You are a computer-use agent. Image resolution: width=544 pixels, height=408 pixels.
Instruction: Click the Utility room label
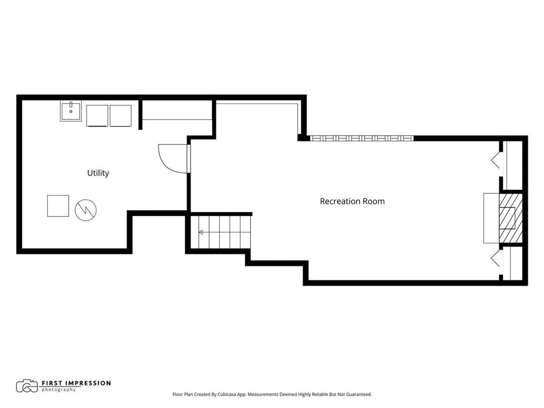tap(98, 173)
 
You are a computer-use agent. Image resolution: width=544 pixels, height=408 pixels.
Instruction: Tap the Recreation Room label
tap(352, 201)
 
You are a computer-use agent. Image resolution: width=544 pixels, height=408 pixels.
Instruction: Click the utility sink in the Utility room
tap(71, 111)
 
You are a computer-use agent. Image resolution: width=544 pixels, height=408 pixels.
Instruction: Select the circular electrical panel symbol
tap(85, 210)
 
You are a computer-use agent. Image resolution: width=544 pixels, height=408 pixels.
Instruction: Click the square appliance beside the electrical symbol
tap(58, 206)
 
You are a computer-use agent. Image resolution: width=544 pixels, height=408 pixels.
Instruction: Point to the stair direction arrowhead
tap(201, 232)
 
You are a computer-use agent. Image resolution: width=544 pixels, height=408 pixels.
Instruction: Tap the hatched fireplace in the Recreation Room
tap(510, 218)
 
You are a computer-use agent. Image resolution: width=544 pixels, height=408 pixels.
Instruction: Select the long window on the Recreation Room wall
tap(362, 138)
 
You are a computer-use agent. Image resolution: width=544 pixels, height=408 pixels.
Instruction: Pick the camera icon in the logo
tap(27, 386)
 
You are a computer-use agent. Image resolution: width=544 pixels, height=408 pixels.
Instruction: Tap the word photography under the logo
tap(59, 390)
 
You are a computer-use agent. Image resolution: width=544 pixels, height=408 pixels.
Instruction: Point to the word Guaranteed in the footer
tap(359, 394)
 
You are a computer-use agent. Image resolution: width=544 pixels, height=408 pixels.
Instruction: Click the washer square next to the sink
tap(97, 116)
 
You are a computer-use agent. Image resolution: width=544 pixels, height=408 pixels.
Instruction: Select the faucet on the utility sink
tap(71, 104)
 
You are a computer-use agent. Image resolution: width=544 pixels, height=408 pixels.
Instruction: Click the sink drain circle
tap(71, 111)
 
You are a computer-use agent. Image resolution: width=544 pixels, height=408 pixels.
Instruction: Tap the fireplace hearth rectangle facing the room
tap(491, 218)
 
